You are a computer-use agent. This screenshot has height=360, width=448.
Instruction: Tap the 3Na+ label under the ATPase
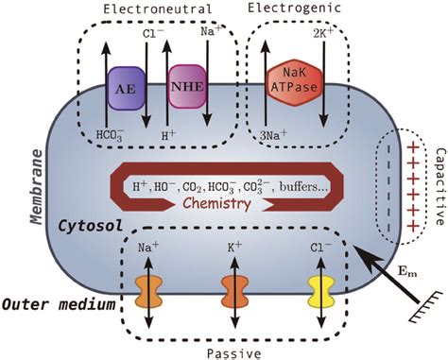coord(275,135)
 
